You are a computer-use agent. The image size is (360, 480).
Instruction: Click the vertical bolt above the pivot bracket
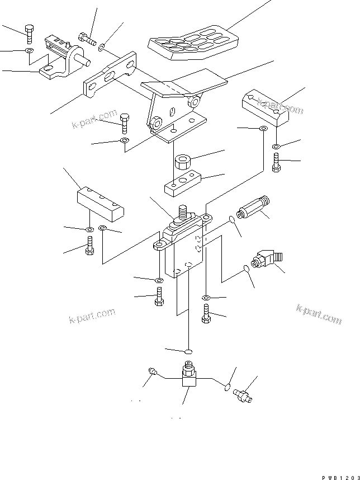[x=29, y=34]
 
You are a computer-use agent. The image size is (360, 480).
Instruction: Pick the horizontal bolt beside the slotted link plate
[x=87, y=39]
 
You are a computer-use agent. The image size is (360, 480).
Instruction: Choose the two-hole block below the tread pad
[x=265, y=107]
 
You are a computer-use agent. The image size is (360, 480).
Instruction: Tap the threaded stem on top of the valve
[x=182, y=213]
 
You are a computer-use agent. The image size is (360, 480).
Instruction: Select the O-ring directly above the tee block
[x=188, y=351]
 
